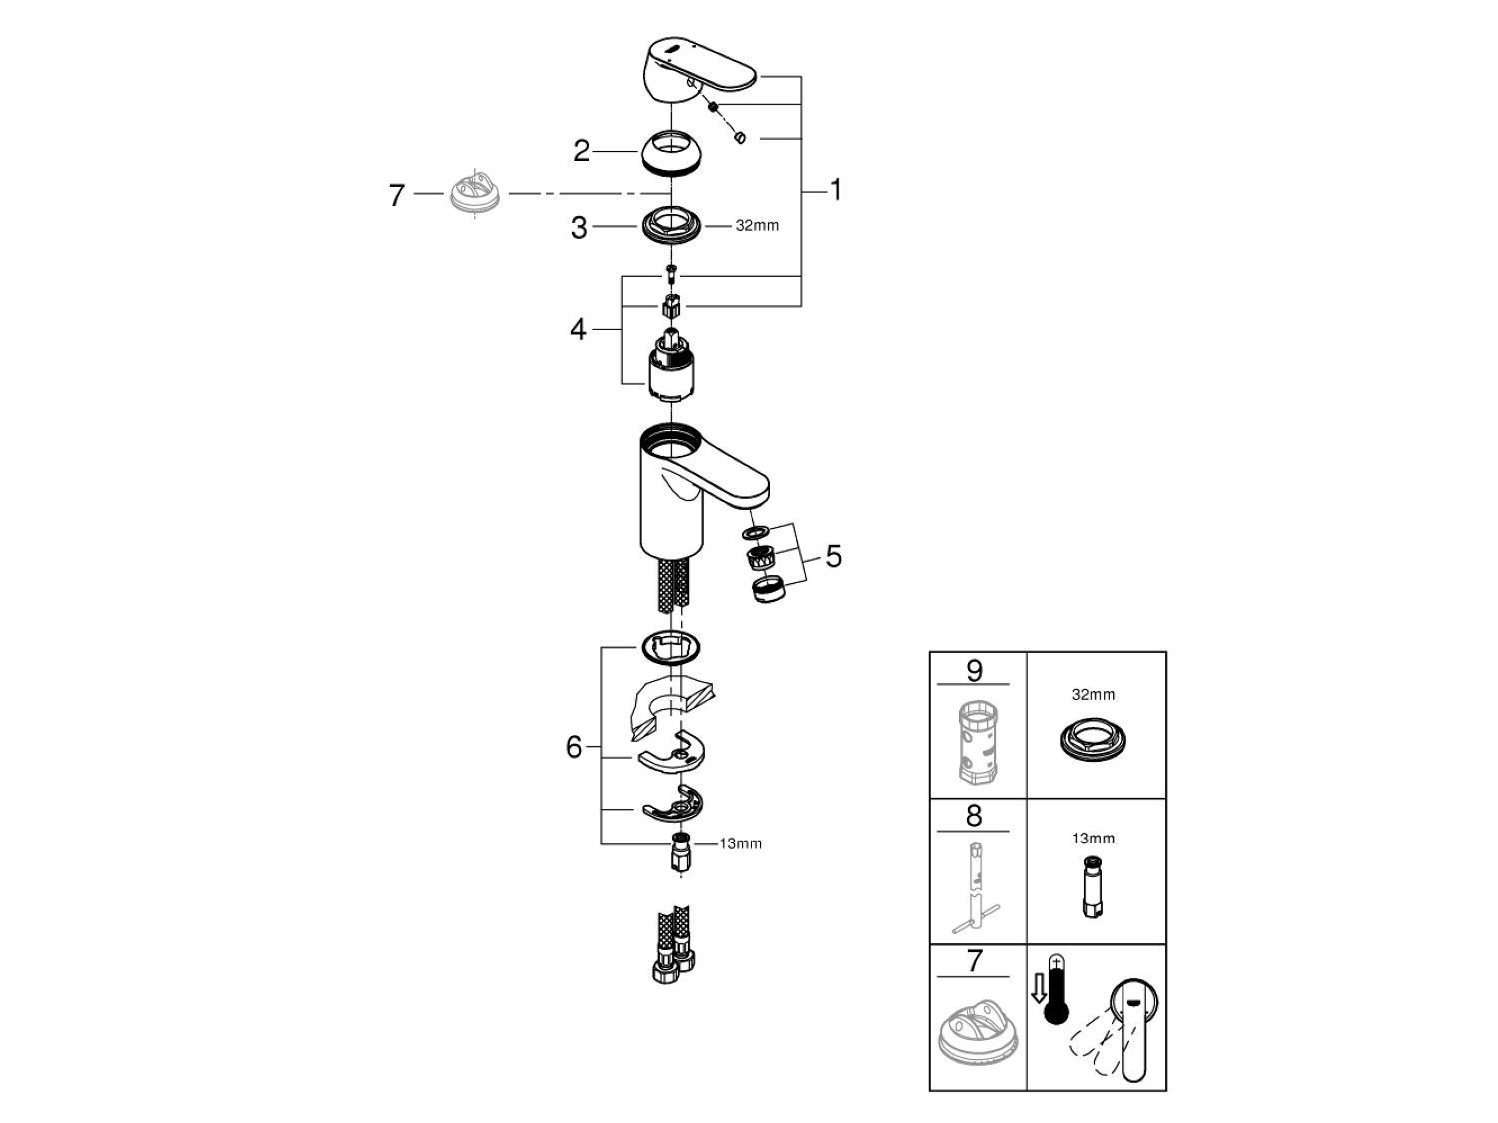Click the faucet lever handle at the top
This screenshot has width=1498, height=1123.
click(x=699, y=70)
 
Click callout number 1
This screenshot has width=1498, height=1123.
click(x=835, y=190)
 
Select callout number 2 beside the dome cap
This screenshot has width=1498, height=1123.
click(x=582, y=152)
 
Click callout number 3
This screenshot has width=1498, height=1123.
click(x=579, y=228)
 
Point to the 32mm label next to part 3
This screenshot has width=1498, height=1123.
click(x=757, y=226)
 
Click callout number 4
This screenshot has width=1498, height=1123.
click(x=579, y=329)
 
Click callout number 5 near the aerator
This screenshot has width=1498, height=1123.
click(x=833, y=556)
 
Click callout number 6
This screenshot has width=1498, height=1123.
click(x=574, y=747)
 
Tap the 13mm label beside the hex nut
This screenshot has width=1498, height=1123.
click(x=741, y=843)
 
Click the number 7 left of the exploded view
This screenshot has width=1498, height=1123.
click(x=397, y=195)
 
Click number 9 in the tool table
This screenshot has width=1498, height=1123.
click(x=974, y=670)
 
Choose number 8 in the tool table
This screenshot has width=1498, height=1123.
click(x=974, y=816)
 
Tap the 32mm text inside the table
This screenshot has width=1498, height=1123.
click(x=1094, y=694)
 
